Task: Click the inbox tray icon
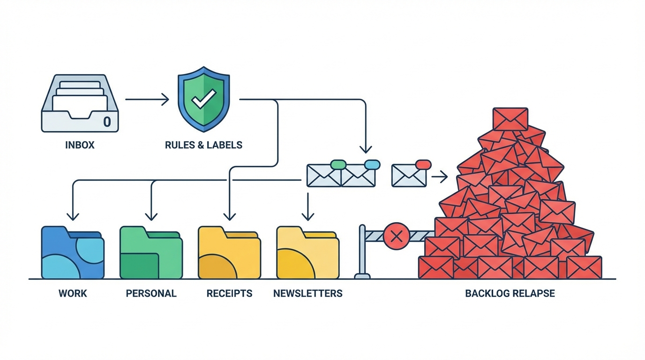[x=80, y=103]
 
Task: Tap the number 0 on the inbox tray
[x=107, y=122]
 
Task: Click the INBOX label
[x=80, y=145]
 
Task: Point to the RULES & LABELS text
[x=203, y=145]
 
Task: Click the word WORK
[x=73, y=294]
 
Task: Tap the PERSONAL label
[x=151, y=294]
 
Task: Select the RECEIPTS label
[x=229, y=294]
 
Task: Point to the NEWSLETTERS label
[x=307, y=294]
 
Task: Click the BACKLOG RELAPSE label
[x=510, y=294]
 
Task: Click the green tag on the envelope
[x=338, y=165]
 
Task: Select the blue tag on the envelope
[x=372, y=165]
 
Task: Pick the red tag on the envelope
[x=423, y=165]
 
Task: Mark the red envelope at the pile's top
[x=510, y=119]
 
